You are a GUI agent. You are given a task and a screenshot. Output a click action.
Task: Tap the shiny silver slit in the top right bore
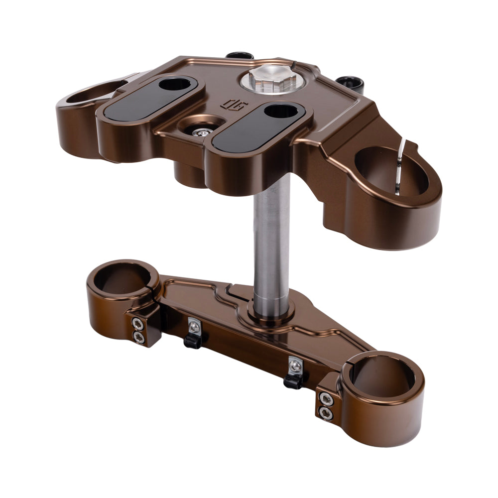coord(400,167)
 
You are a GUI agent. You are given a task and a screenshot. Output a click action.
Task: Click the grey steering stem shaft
coord(271,239)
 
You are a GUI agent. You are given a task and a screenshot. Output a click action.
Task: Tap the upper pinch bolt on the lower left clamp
coord(137,325)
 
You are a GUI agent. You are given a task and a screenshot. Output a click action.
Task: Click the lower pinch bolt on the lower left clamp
coord(138,338)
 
